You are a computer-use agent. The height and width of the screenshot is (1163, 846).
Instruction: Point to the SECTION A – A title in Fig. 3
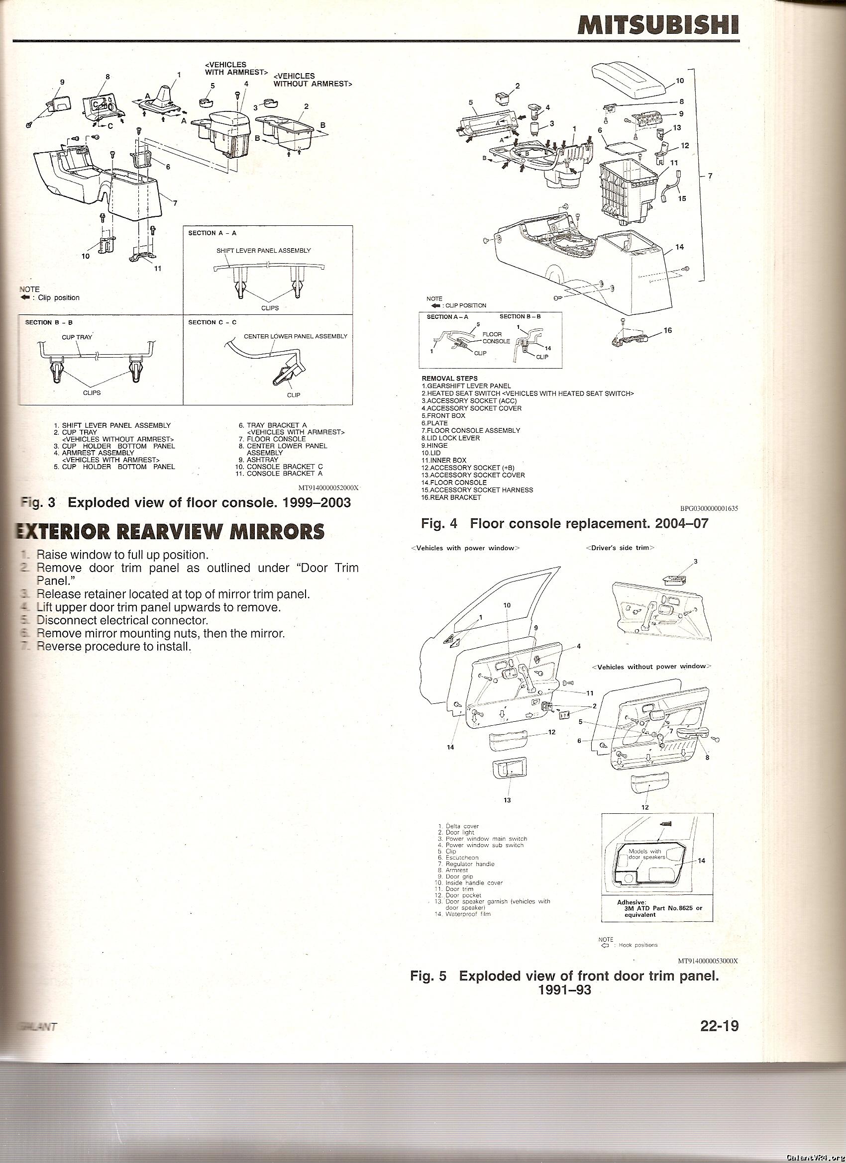(x=212, y=233)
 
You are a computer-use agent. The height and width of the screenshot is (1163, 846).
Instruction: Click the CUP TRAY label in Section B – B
(x=77, y=337)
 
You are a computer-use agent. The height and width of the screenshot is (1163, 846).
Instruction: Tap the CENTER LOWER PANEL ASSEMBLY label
(x=295, y=336)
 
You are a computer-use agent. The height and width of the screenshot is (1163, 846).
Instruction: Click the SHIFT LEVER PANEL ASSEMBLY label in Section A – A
(x=263, y=250)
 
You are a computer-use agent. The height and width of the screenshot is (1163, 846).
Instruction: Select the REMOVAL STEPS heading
(x=449, y=379)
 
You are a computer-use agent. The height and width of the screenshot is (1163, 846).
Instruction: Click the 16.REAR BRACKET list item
(x=451, y=497)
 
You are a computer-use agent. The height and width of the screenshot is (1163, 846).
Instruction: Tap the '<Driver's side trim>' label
(x=620, y=548)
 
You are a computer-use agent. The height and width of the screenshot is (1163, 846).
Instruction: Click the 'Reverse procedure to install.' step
(x=113, y=646)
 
